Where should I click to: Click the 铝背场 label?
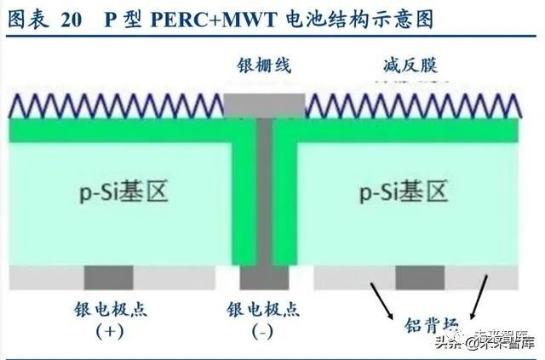[429, 327]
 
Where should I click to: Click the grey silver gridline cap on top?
[263, 105]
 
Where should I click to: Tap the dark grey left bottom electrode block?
[109, 277]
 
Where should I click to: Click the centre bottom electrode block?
[263, 277]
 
